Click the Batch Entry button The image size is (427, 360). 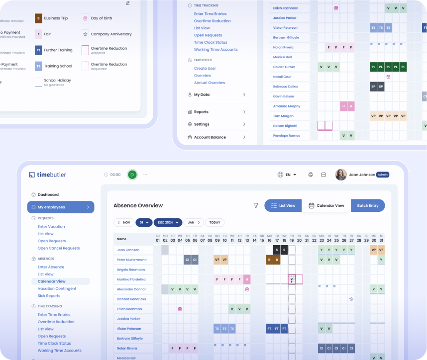click(x=368, y=205)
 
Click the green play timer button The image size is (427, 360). click(x=132, y=175)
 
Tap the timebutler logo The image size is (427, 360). click(x=48, y=175)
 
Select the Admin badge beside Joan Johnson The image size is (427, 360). click(x=383, y=175)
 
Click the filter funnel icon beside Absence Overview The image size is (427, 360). click(x=256, y=205)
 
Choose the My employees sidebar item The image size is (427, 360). click(x=60, y=207)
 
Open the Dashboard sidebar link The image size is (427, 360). click(x=48, y=194)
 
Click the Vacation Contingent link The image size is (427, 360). click(x=57, y=288)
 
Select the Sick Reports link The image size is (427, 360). click(x=49, y=296)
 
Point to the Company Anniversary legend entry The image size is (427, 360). click(x=111, y=34)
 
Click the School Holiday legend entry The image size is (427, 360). click(x=57, y=80)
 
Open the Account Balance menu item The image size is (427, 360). click(x=210, y=137)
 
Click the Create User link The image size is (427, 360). click(x=205, y=68)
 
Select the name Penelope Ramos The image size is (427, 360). click(x=286, y=135)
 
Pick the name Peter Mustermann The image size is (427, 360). click(x=131, y=260)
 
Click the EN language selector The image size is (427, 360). click(x=287, y=175)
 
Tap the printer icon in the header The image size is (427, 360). click(x=311, y=175)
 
